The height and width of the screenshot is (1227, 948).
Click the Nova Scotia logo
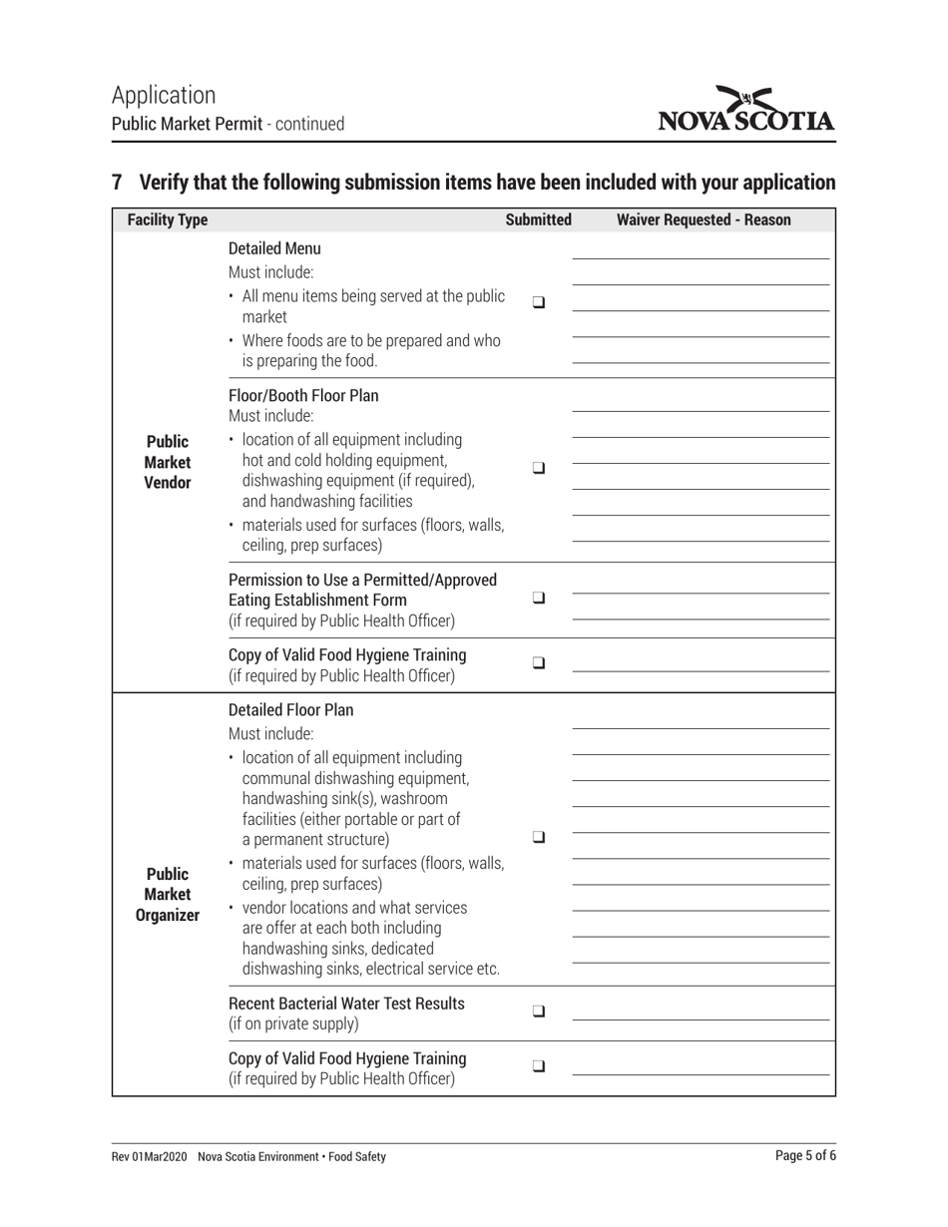746,110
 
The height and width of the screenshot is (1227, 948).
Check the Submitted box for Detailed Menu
538,301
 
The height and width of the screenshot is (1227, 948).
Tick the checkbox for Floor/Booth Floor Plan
538,467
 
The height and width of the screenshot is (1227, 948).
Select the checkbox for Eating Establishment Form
538,599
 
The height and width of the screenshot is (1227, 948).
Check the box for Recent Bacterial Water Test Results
538,1011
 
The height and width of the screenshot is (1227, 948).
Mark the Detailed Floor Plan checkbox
538,838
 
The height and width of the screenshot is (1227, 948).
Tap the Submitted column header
538,219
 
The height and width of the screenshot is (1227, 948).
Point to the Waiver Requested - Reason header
704,219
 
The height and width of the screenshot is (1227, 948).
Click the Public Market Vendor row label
167,462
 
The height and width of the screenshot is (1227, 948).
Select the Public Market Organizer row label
167,895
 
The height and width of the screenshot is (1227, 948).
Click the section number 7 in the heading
118,183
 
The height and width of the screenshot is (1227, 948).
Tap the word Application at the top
164,95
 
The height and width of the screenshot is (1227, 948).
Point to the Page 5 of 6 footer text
805,1156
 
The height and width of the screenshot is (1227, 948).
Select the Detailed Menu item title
274,248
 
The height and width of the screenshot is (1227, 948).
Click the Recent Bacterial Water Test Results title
346,1003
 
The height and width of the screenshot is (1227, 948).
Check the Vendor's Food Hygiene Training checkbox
538,662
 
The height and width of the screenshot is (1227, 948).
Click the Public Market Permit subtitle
188,125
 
